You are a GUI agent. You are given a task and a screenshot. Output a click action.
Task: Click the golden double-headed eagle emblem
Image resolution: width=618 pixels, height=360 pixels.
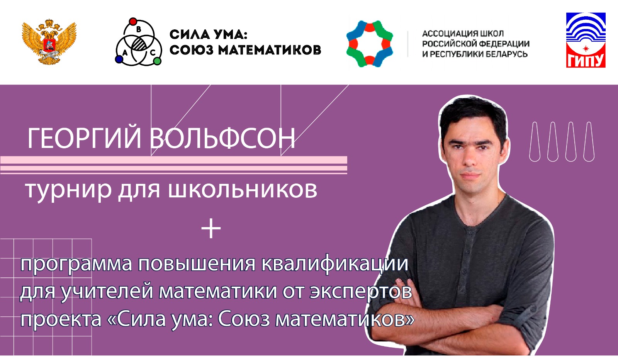(49, 42)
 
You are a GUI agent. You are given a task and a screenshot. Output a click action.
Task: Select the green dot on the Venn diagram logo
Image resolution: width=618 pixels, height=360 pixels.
(157, 61)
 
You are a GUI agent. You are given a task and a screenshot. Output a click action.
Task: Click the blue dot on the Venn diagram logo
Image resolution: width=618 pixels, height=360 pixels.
(119, 59)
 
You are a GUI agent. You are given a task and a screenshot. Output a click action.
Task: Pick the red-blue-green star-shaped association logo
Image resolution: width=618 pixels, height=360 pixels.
(370, 44)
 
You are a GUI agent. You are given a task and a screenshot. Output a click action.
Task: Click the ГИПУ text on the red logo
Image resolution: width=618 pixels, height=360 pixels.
(586, 60)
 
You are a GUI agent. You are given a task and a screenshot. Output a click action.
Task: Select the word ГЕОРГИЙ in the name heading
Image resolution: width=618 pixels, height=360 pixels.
(84, 139)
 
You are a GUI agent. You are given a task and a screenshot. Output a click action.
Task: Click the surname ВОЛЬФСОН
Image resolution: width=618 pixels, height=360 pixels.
(223, 139)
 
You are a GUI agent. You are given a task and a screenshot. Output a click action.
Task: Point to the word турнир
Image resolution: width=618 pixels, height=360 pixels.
(68, 190)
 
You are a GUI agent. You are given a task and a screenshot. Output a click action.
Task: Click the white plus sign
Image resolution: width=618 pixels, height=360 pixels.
(211, 228)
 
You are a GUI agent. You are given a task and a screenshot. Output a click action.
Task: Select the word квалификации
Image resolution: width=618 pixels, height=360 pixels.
(334, 264)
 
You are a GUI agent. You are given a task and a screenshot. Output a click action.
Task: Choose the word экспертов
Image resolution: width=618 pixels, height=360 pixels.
(361, 292)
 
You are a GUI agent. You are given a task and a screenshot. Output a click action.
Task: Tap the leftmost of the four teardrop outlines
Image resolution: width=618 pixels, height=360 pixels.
(535, 141)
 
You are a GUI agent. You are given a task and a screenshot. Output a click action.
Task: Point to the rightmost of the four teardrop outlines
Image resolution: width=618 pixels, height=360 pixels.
(589, 141)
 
